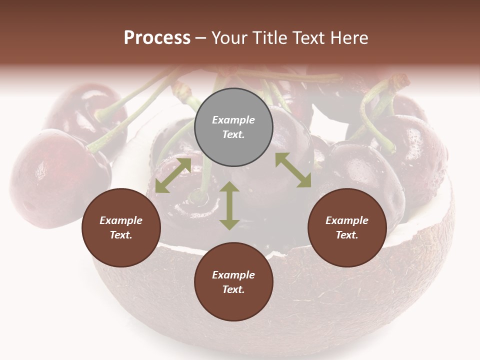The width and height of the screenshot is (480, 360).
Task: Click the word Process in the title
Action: [x=157, y=38]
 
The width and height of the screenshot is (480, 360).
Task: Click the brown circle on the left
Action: [x=121, y=227]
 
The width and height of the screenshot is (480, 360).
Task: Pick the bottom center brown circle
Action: [x=233, y=282]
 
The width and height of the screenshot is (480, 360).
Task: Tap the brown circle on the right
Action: [x=347, y=227]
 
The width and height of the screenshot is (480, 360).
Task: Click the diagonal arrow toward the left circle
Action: [x=173, y=175]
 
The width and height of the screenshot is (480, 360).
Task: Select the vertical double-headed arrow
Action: [x=229, y=205]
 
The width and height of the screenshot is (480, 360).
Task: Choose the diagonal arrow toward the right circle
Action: [x=293, y=170]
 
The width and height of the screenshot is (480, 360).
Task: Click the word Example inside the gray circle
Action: [x=233, y=120]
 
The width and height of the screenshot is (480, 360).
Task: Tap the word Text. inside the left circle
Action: [x=121, y=235]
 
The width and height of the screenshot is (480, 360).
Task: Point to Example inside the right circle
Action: [x=347, y=220]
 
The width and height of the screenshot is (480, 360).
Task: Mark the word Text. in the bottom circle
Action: [x=233, y=289]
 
